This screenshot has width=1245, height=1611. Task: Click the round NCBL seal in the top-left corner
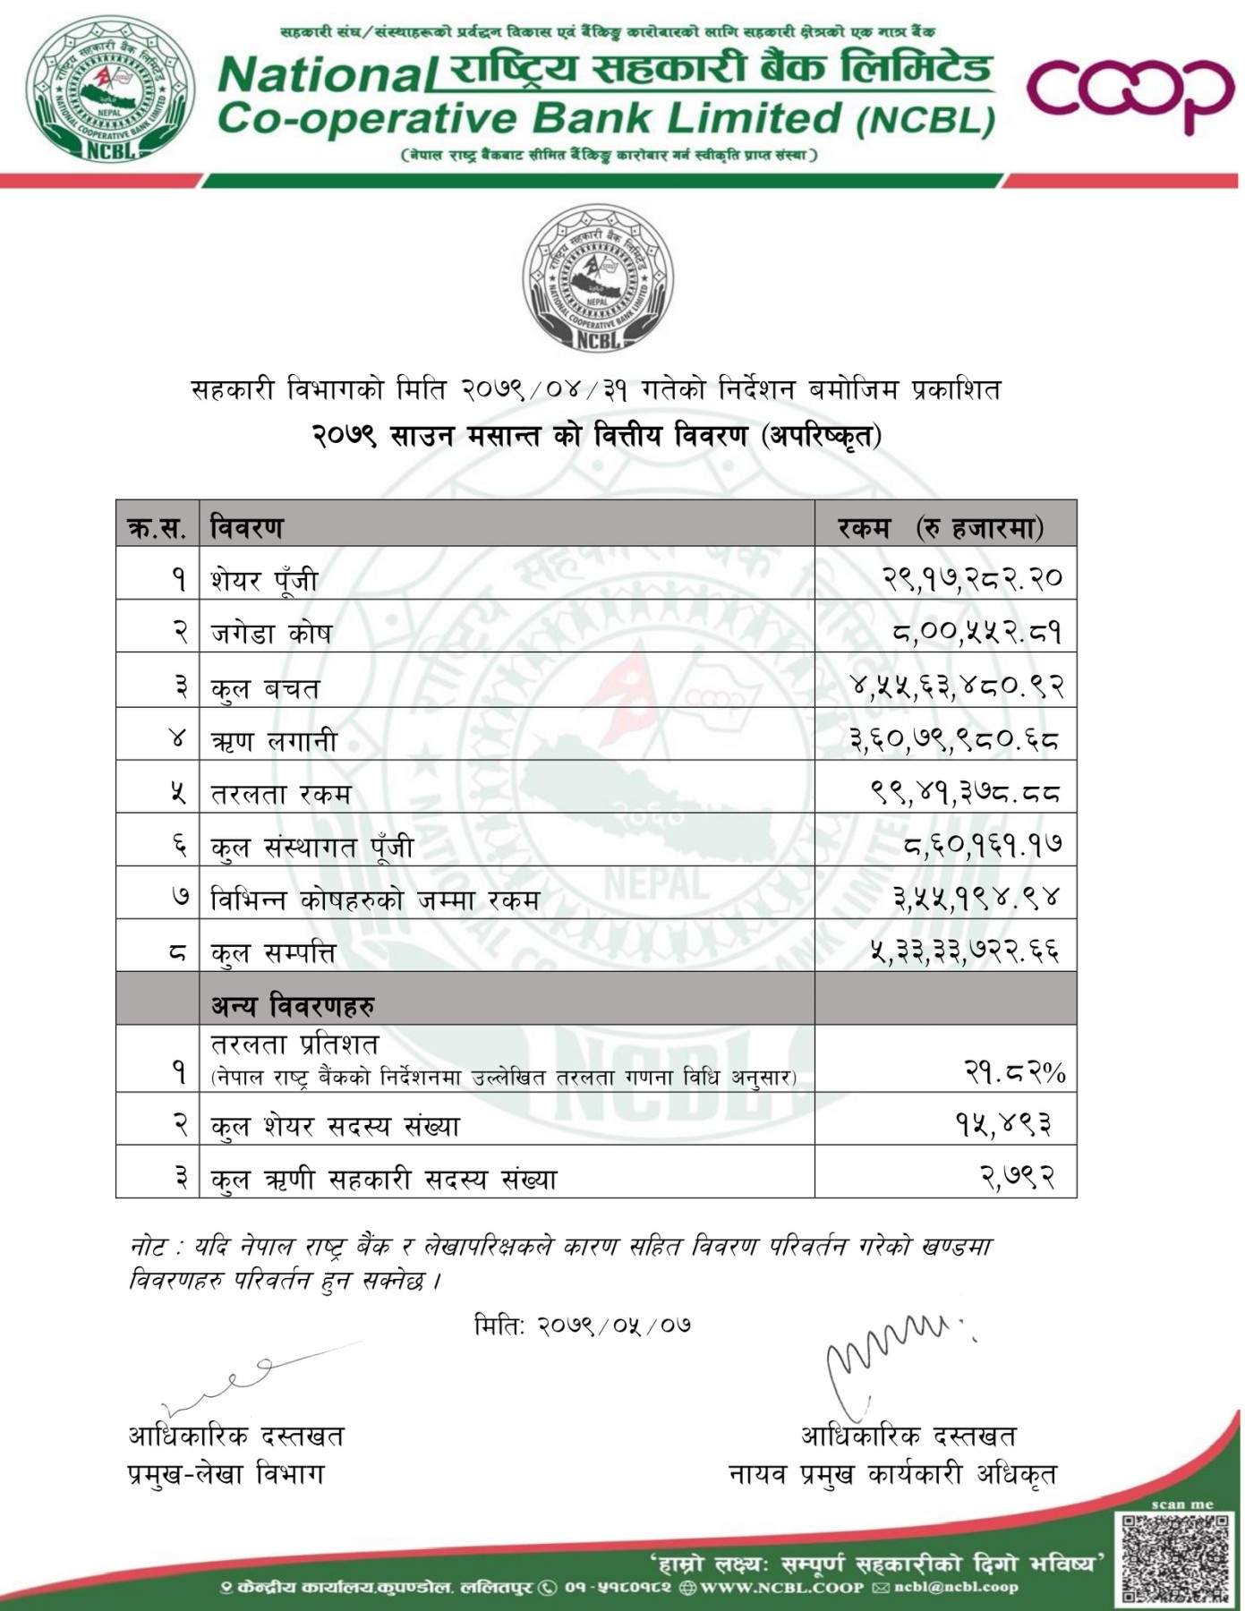[110, 89]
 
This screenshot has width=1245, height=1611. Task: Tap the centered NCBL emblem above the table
[598, 278]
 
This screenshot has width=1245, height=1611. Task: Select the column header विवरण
[247, 527]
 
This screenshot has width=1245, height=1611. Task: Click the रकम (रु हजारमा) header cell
[941, 527]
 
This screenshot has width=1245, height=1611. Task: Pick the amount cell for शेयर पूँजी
[972, 578]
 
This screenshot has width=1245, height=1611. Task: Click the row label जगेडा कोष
[271, 633]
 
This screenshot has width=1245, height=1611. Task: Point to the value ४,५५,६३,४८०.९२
[956, 686]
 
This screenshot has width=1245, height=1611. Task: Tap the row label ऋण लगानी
[274, 740]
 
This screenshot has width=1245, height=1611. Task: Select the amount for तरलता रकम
[965, 792]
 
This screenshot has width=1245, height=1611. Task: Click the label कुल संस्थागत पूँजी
[311, 846]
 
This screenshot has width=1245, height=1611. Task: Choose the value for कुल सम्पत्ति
[965, 950]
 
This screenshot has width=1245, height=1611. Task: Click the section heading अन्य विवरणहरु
[293, 1006]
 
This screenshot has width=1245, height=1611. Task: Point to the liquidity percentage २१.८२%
[1014, 1070]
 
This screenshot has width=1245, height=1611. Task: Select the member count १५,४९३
[1003, 1124]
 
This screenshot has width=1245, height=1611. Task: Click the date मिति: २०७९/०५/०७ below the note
[582, 1325]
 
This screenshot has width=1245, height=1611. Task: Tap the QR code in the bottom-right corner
[1175, 1558]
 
